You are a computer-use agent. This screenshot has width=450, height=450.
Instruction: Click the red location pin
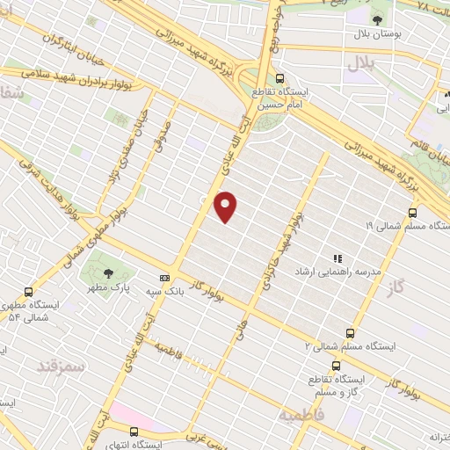coord(226,206)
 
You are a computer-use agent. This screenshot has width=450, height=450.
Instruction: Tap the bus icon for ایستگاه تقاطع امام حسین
coord(279,78)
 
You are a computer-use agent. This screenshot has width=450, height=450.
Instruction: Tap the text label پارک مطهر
coord(112,288)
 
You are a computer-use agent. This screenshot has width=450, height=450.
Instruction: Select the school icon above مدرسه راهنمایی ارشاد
coord(337,258)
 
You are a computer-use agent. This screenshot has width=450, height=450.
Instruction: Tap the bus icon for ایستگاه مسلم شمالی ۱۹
coord(412,212)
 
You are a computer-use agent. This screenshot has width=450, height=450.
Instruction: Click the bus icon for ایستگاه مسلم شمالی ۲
coord(350,333)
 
